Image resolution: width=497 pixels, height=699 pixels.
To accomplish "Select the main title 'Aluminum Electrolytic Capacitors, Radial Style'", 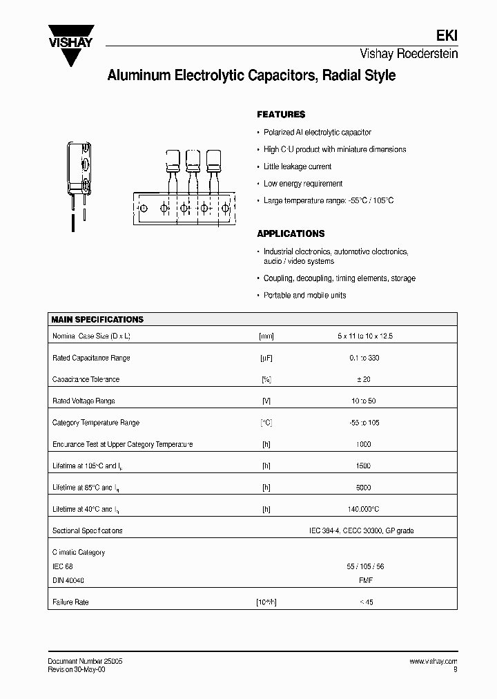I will [251, 76].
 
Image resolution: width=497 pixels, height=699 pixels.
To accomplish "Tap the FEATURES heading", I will [281, 115].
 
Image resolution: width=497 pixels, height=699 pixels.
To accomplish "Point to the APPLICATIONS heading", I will [291, 233].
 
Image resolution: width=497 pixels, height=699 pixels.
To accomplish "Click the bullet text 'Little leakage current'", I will [298, 166].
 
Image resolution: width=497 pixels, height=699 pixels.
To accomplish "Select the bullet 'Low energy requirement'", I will [303, 184].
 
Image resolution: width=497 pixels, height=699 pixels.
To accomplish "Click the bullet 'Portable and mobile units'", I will [305, 295].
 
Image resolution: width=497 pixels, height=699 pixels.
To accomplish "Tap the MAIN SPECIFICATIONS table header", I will [98, 320].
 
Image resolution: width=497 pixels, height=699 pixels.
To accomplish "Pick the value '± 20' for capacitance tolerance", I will [364, 379].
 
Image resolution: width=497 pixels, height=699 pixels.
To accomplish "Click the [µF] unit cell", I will [266, 358].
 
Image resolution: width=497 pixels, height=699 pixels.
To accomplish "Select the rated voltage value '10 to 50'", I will [364, 401].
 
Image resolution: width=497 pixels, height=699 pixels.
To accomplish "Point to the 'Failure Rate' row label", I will [70, 602].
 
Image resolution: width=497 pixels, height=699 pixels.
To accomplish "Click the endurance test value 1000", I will [364, 444].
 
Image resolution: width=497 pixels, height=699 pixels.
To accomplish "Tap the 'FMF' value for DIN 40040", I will [364, 580].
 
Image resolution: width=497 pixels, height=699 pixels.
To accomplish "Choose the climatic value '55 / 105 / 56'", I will [365, 566].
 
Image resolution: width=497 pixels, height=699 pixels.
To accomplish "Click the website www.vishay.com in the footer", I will [433, 661].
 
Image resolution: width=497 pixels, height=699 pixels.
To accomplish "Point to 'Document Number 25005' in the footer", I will [86, 661].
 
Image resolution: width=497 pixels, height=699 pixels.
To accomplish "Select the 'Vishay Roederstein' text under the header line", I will [409, 54].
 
